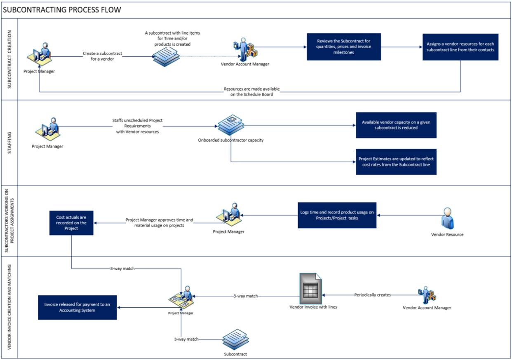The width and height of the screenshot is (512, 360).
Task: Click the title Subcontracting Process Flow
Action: coord(62,9)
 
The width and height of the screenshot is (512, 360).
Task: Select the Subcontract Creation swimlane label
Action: coord(9,59)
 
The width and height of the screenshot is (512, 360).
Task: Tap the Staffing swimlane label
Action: coord(9,143)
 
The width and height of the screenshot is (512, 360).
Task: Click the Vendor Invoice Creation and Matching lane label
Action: coord(9,307)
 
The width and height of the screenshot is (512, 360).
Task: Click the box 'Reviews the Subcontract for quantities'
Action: coord(344,47)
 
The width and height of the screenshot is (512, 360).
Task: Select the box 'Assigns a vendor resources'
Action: coord(460,47)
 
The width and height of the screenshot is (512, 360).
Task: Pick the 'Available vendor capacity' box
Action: coord(396,125)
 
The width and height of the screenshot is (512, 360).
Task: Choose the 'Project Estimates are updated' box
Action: coord(396,161)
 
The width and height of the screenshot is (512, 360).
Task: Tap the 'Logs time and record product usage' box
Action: coord(337,215)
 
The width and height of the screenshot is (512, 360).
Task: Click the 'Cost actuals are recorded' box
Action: coord(71,223)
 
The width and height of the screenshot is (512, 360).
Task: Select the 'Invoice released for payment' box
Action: coord(77,307)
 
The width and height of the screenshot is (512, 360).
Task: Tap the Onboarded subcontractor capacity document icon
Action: coord(230,124)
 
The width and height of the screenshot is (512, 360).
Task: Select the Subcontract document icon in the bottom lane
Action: coord(235,339)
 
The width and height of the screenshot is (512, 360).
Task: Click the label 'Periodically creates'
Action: coord(372,295)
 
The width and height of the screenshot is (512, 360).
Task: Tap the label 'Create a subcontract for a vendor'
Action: coord(102,56)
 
